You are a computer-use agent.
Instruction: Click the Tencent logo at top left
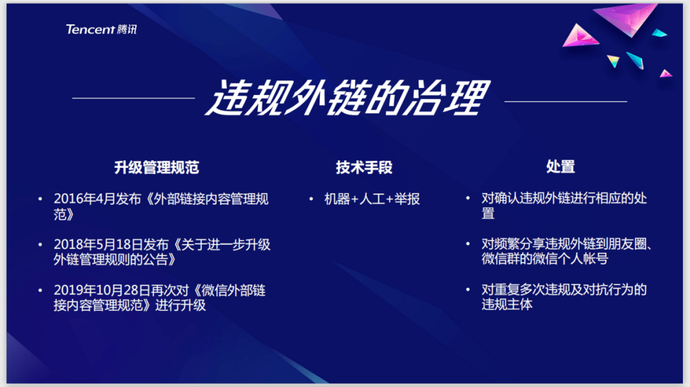101,29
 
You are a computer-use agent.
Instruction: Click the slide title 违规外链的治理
348,98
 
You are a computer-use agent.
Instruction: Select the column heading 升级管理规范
157,167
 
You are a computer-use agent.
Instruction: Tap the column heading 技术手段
364,167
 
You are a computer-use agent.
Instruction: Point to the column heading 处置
561,167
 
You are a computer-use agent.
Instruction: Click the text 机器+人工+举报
372,199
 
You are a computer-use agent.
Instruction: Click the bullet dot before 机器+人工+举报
311,199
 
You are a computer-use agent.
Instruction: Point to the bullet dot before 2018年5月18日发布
40,245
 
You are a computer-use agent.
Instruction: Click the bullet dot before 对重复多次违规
468,289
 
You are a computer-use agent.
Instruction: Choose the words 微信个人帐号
570,259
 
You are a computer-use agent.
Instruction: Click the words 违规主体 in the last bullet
507,305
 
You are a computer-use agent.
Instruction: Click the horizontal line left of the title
134,98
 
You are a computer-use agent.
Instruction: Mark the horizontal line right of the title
565,102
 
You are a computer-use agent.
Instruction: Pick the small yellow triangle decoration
613,60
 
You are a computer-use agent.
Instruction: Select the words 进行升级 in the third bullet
180,305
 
